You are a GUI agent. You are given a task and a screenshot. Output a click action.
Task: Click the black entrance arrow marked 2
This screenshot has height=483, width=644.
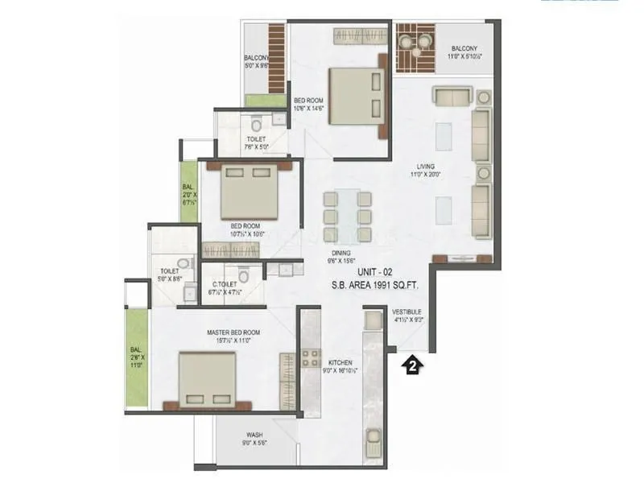tap(411, 364)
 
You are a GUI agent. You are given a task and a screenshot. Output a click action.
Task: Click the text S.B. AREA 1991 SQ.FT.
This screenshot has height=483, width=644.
tap(378, 285)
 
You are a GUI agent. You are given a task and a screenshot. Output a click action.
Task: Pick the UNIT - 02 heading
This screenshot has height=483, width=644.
tap(376, 272)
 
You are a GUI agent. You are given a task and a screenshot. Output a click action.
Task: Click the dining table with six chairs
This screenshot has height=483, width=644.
tap(347, 215)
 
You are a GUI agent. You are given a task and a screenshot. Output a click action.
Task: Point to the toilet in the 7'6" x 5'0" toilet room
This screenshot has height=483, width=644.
tap(256, 124)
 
